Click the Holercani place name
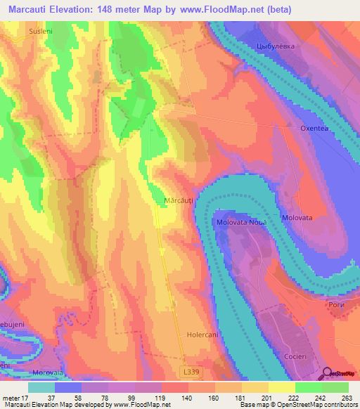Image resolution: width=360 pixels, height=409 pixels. pyautogui.click(x=204, y=335)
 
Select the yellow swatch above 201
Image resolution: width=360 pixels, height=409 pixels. pyautogui.click(x=255, y=387)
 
